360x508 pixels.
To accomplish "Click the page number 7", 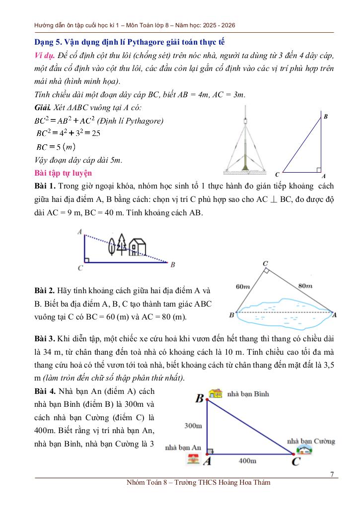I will pyautogui.click(x=332, y=474).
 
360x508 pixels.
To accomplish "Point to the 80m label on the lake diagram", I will pyautogui.click(x=305, y=285).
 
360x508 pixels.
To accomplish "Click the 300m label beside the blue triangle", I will pyautogui.click(x=193, y=425).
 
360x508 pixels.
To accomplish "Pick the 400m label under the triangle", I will pyautogui.click(x=247, y=461).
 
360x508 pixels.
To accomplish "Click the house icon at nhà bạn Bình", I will pyautogui.click(x=216, y=393).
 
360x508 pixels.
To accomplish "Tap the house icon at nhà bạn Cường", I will pyautogui.click(x=303, y=450).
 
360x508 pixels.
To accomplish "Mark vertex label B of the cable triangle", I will pyautogui.click(x=326, y=116).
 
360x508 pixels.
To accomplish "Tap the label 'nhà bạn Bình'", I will pyautogui.click(x=248, y=394).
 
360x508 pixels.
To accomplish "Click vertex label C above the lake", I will pyautogui.click(x=265, y=263).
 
